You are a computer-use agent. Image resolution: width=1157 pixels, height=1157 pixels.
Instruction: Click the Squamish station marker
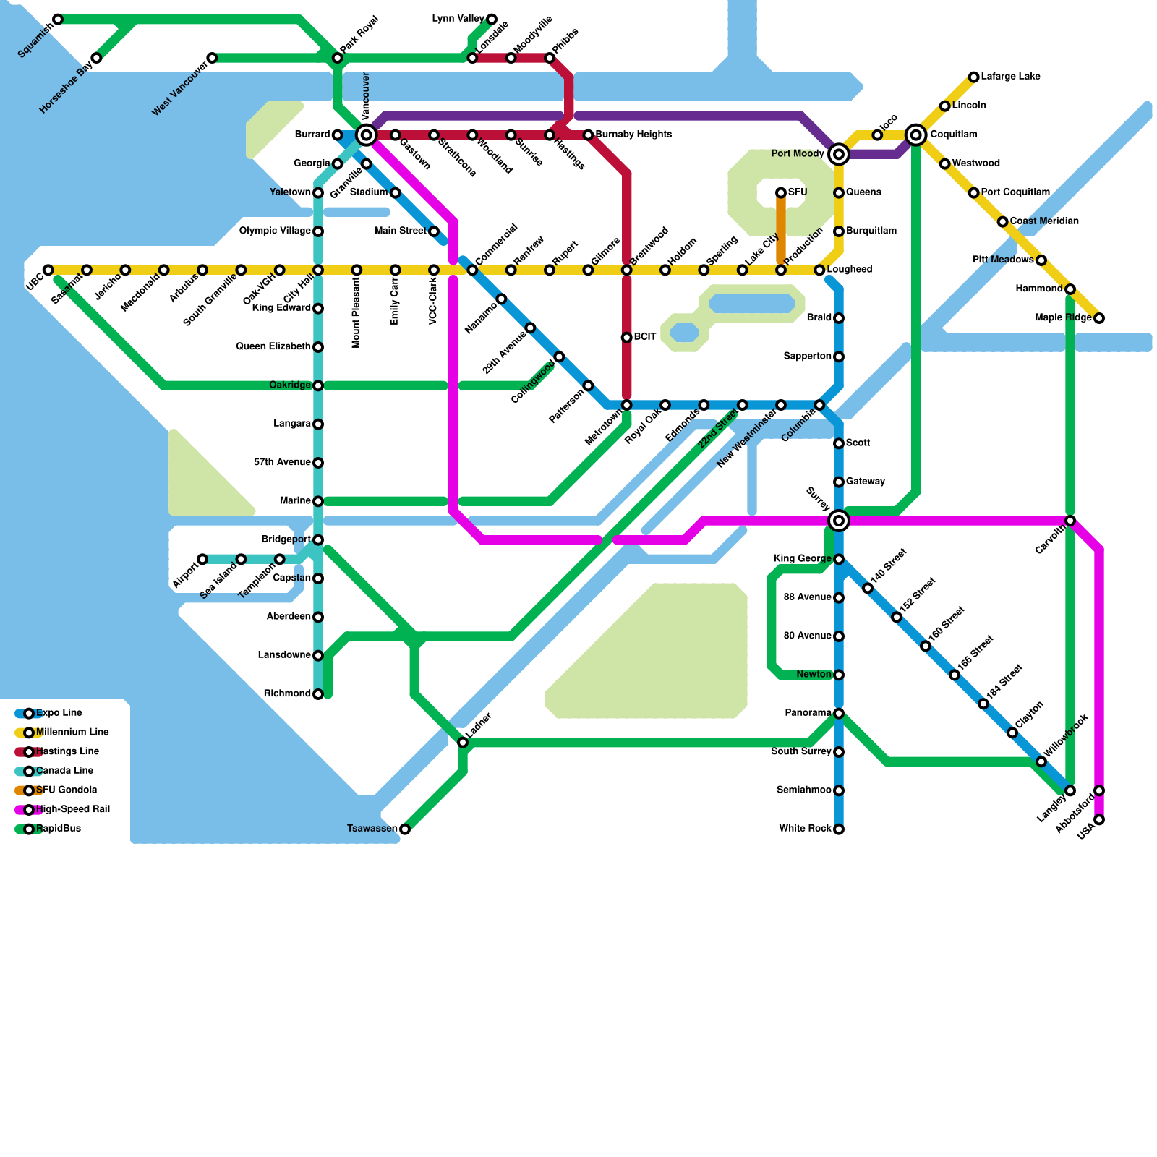pyautogui.click(x=58, y=19)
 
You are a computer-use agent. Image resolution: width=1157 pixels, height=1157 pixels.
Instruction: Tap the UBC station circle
pyautogui.click(x=48, y=270)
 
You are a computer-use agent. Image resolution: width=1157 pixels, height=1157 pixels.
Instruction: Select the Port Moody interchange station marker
pyautogui.click(x=839, y=154)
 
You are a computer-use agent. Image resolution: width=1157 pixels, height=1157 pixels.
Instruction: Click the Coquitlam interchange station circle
pyautogui.click(x=916, y=135)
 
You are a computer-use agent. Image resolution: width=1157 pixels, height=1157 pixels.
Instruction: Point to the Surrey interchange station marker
pyautogui.click(x=839, y=520)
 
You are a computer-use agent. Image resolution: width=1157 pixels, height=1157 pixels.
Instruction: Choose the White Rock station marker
pyautogui.click(x=839, y=829)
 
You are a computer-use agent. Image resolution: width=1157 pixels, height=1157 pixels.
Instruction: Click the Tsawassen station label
pyautogui.click(x=372, y=829)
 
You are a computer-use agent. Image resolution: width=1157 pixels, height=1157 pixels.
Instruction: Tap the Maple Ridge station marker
pyautogui.click(x=1099, y=318)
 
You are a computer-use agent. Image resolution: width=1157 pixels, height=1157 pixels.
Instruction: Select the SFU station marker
pyautogui.click(x=781, y=192)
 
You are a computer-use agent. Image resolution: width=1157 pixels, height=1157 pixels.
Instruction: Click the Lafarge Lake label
pyautogui.click(x=1010, y=77)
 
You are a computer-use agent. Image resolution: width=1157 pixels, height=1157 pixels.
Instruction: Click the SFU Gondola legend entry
pyautogui.click(x=66, y=790)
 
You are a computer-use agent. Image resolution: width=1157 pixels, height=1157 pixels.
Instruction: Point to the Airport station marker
pyautogui.click(x=202, y=559)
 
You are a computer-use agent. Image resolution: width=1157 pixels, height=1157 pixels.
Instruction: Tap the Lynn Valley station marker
pyautogui.click(x=492, y=19)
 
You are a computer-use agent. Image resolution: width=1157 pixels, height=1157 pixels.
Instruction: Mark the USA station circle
pyautogui.click(x=1099, y=820)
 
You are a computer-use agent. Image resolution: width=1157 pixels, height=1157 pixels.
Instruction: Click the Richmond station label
pyautogui.click(x=287, y=694)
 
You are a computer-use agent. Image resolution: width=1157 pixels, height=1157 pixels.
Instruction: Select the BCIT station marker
pyautogui.click(x=627, y=338)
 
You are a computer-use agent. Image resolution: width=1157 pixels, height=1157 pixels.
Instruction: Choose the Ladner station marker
pyautogui.click(x=463, y=743)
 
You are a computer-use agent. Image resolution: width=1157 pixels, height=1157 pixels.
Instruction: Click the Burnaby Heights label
pyautogui.click(x=633, y=135)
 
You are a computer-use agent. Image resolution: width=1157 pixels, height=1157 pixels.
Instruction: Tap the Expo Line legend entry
pyautogui.click(x=59, y=713)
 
